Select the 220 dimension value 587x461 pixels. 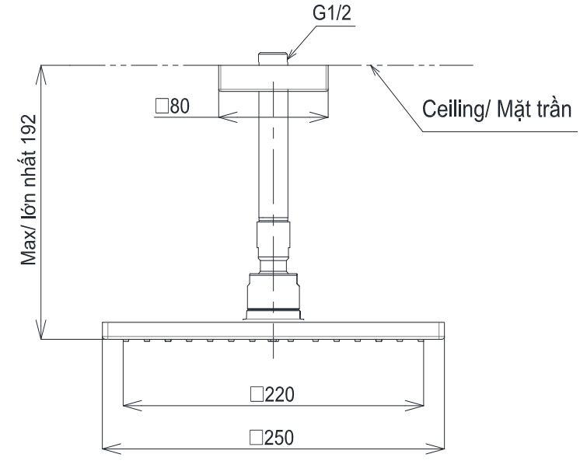(280, 394)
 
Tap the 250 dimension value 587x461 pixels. (280, 438)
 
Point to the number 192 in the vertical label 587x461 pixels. (29, 125)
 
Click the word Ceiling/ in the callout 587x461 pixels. (454, 109)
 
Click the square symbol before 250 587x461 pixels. (255, 438)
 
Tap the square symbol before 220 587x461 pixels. (255, 394)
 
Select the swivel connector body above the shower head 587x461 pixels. (273, 292)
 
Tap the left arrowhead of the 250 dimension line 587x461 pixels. (108, 449)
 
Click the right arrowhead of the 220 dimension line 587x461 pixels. (419, 404)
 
